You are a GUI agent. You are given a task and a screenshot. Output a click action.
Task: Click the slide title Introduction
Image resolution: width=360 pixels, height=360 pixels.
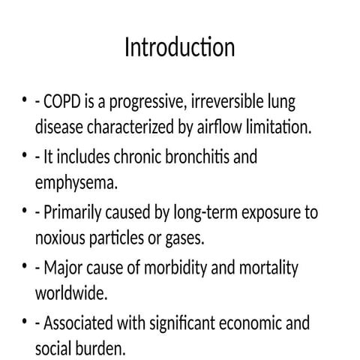(x=179, y=47)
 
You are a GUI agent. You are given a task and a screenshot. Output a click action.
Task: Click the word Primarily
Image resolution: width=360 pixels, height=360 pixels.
(x=74, y=213)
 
